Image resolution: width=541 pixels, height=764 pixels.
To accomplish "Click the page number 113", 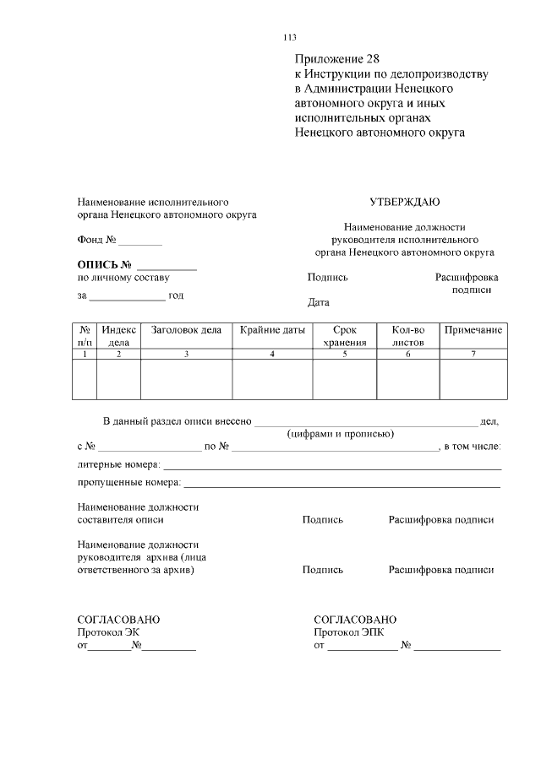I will (290, 37).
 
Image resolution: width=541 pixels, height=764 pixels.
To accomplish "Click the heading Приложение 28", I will (337, 59).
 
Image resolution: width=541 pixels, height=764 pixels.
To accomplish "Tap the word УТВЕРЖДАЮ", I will (404, 202).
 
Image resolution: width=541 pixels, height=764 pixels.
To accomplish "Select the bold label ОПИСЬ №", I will (106, 264).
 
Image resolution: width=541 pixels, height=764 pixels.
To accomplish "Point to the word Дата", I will (319, 302).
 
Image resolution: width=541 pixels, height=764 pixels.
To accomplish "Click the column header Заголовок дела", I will (186, 330).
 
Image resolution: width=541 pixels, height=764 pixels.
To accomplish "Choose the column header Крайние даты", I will (272, 330).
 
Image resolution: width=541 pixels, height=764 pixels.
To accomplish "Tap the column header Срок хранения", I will (344, 336).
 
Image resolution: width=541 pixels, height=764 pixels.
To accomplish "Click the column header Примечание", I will (473, 330).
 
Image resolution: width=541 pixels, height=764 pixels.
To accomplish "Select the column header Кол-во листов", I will (408, 336).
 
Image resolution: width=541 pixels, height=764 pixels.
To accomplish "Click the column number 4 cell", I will (272, 354).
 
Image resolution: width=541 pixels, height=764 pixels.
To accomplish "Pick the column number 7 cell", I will (473, 354).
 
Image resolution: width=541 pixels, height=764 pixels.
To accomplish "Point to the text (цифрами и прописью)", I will (340, 434).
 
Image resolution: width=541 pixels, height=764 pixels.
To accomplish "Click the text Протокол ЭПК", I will (348, 632).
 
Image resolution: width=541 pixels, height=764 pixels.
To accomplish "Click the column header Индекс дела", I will (118, 336).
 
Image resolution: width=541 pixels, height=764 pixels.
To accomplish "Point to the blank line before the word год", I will (128, 298).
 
